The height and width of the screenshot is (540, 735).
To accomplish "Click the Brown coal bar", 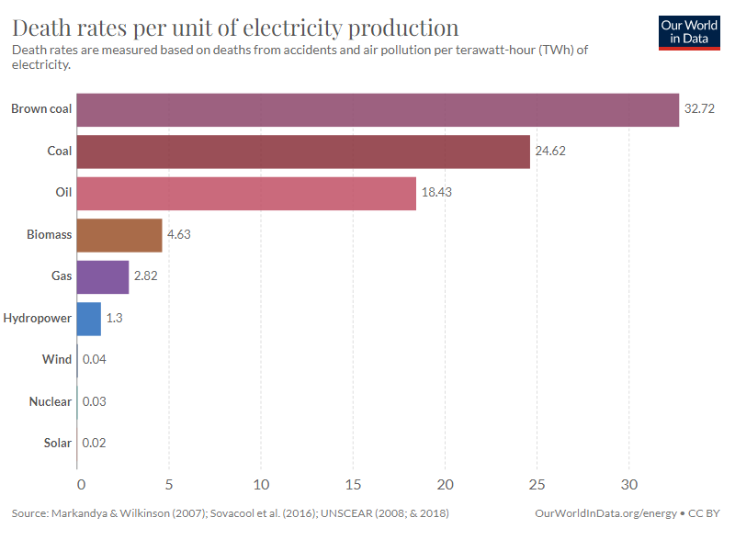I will [x=377, y=109].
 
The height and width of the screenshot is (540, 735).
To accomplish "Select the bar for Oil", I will [x=246, y=193].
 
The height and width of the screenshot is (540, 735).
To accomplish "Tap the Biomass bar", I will [x=119, y=235].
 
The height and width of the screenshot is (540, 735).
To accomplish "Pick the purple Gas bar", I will [x=102, y=276].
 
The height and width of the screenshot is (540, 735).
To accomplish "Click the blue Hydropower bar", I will [x=88, y=319].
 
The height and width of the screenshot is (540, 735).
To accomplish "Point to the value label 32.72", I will [x=699, y=109].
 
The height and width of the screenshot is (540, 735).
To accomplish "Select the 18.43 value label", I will [x=436, y=193].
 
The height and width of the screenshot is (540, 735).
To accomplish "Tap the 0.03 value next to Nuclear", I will [x=95, y=402].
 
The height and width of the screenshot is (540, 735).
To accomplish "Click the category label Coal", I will [x=59, y=151].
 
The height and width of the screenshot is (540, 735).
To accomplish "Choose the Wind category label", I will [x=57, y=360].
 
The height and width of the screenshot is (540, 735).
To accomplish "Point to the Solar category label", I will [x=57, y=444].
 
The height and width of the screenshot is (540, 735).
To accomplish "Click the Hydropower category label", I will [x=38, y=319].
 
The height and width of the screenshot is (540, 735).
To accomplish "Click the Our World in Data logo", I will [x=689, y=32].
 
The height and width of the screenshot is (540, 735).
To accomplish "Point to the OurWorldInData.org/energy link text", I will [x=605, y=512].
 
